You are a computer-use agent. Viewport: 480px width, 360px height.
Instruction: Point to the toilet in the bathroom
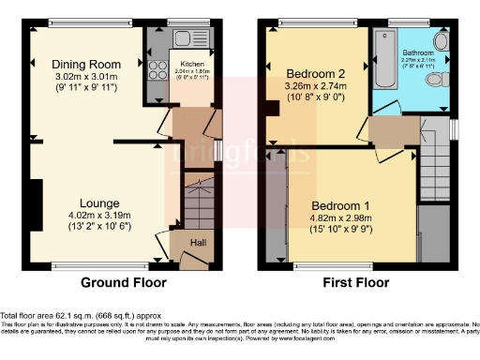pos(435,82)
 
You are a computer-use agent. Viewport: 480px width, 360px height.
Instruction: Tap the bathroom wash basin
pos(442,41)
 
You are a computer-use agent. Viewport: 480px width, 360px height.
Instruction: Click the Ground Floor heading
pos(123,282)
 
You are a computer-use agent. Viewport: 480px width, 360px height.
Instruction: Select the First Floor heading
pos(358,282)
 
